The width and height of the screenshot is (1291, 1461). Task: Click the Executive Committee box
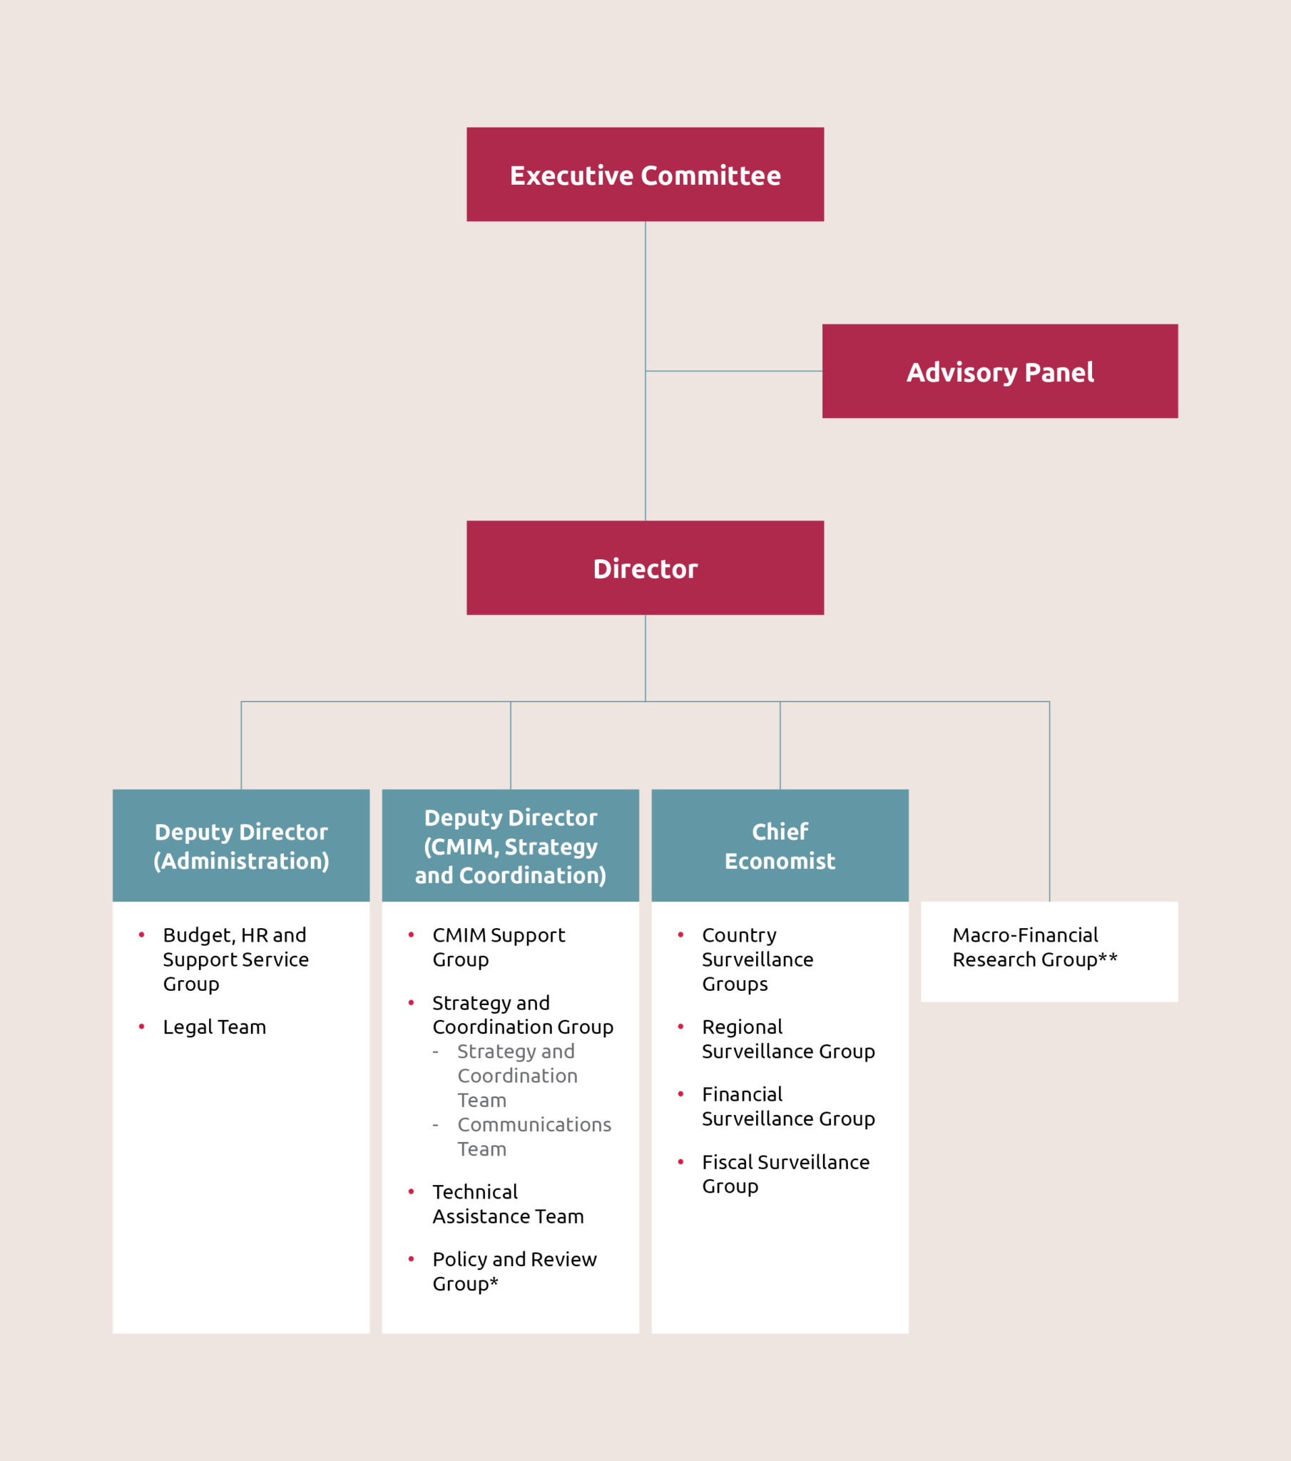tap(645, 174)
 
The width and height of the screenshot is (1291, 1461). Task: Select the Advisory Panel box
tap(999, 371)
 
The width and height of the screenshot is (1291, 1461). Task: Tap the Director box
tap(645, 569)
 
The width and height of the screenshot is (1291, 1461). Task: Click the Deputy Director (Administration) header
tap(241, 845)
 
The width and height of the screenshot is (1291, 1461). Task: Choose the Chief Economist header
tap(780, 845)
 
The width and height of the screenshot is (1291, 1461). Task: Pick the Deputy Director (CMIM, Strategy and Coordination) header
tap(511, 845)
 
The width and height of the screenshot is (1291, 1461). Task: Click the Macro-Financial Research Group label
tap(1034, 947)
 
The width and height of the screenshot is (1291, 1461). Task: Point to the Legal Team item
tap(214, 1027)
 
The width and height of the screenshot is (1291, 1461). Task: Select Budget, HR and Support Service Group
tap(235, 959)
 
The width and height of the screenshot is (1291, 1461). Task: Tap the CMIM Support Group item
tap(499, 947)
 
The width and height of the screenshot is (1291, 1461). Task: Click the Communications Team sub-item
tap(534, 1136)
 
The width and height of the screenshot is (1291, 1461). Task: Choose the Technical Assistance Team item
tap(508, 1203)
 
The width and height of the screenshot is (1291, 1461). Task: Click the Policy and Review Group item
tap(514, 1271)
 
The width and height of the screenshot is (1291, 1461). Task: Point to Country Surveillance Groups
tap(757, 959)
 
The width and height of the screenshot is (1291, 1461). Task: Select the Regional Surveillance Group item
tap(787, 1039)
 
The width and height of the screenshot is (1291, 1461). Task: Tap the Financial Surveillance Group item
tap(787, 1106)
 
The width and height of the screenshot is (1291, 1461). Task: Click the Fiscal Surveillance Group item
tap(785, 1174)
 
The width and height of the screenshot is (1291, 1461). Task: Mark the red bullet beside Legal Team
tap(141, 1027)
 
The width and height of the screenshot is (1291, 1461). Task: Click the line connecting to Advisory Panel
tap(733, 371)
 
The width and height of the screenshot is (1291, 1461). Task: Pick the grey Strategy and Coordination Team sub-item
tap(517, 1075)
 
